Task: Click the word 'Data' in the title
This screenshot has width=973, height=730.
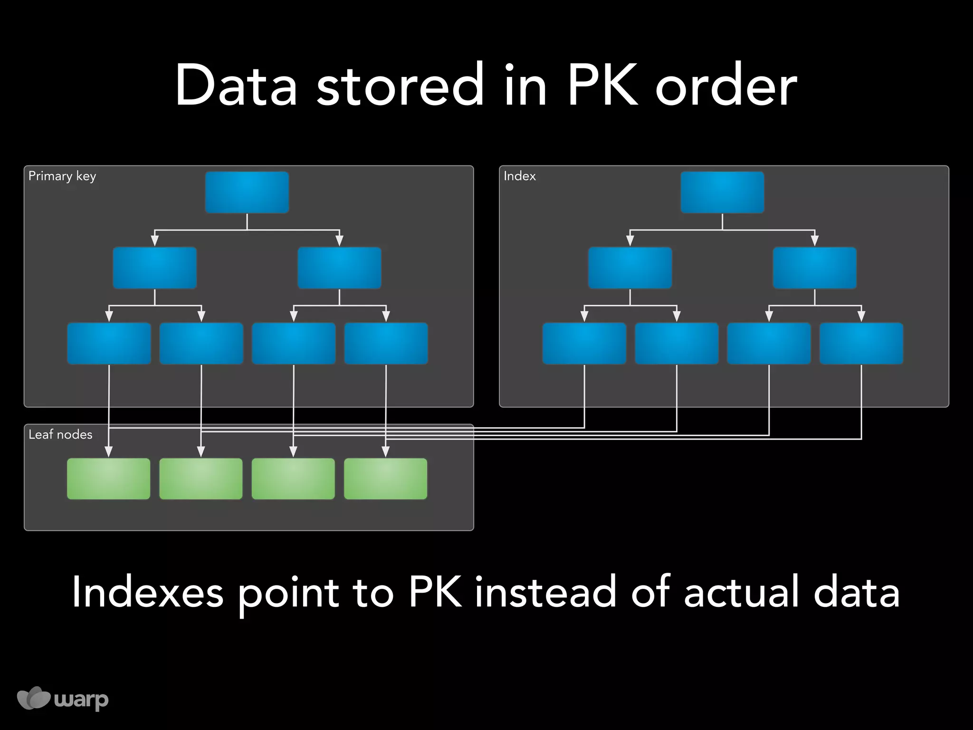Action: click(236, 86)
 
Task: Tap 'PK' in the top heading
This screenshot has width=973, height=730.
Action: click(602, 86)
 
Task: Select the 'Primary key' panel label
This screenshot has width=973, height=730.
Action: click(62, 176)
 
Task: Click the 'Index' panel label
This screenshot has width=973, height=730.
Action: click(519, 176)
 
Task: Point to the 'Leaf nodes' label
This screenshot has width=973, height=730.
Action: click(60, 434)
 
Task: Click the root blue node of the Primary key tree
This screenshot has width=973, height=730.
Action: click(247, 192)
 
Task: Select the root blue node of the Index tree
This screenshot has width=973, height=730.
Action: click(722, 192)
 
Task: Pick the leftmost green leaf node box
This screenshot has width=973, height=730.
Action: click(109, 479)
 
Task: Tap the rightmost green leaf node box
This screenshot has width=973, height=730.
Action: click(385, 479)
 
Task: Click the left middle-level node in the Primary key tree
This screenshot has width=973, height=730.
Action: click(155, 268)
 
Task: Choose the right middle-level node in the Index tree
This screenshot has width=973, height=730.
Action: click(815, 268)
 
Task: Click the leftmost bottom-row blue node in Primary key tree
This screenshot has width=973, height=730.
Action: click(109, 344)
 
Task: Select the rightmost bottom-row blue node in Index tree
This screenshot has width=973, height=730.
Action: click(861, 344)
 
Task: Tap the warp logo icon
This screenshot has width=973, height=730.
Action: click(33, 698)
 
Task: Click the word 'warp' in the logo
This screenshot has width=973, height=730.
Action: click(81, 700)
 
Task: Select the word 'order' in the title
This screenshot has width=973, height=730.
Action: click(726, 86)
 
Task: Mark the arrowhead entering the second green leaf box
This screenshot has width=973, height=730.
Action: click(201, 451)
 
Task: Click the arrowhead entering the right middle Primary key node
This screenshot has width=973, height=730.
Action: click(339, 241)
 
